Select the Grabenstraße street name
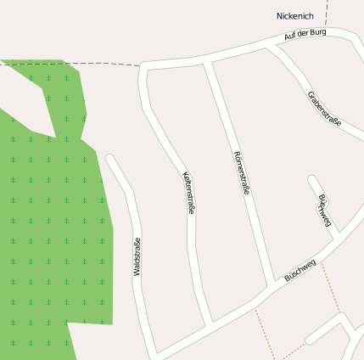click(324, 108)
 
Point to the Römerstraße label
click(241, 173)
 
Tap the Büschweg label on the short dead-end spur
click(324, 211)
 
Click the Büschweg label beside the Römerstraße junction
click(300, 270)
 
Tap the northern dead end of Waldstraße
click(109, 158)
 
